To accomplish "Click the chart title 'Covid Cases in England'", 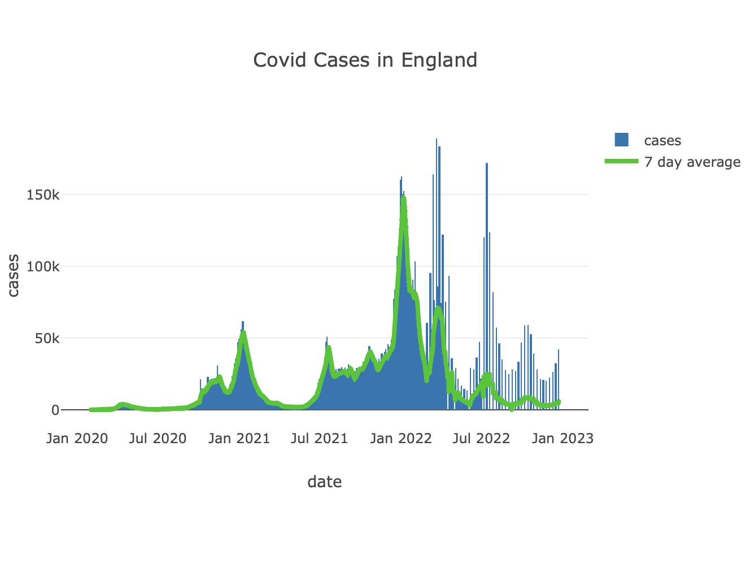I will pyautogui.click(x=365, y=60).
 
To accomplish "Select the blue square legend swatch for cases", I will pyautogui.click(x=621, y=140).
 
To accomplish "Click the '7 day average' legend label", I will pyautogui.click(x=692, y=162).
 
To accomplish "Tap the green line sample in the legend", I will pyautogui.click(x=621, y=162).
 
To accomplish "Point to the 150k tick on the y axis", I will pyautogui.click(x=43, y=195).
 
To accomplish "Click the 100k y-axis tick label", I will pyautogui.click(x=43, y=267).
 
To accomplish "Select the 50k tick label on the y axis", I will pyautogui.click(x=46, y=339).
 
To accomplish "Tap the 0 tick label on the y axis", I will pyautogui.click(x=55, y=410).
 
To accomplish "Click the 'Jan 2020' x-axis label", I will pyautogui.click(x=77, y=439).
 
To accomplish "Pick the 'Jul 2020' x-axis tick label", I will pyautogui.click(x=158, y=439).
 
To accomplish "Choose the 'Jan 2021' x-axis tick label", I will pyautogui.click(x=239, y=439).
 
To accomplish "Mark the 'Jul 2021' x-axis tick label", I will pyautogui.click(x=319, y=439).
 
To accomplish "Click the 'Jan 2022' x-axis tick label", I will pyautogui.click(x=400, y=439).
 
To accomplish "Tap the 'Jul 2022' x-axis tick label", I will pyautogui.click(x=481, y=439).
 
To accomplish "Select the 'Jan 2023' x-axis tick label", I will pyautogui.click(x=562, y=439).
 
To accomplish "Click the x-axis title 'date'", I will pyautogui.click(x=324, y=482).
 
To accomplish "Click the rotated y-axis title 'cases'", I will pyautogui.click(x=13, y=275).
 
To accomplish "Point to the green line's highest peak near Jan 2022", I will pyautogui.click(x=403, y=197).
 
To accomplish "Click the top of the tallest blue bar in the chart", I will pyautogui.click(x=436, y=140).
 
